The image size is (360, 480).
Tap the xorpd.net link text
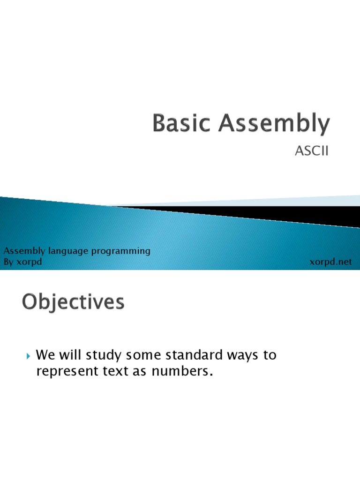(330, 262)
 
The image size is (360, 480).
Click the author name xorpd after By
(29, 262)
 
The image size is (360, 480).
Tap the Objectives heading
(73, 302)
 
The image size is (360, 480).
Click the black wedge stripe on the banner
(281, 213)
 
